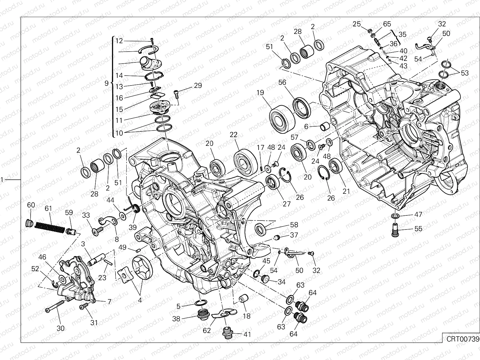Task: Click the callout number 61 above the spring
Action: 49,208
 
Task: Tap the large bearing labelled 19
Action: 282,118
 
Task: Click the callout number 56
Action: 282,82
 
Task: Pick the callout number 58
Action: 294,225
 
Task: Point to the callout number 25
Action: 357,24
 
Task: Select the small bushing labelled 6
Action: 325,127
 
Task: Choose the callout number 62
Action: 207,331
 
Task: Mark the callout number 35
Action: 402,34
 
